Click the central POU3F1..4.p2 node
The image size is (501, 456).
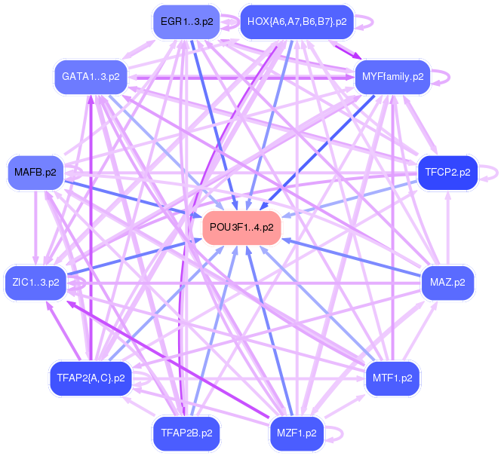pos(241,227)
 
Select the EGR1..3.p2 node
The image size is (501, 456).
pos(186,22)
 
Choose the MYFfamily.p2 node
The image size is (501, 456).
pos(392,77)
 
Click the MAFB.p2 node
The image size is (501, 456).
pos(35,173)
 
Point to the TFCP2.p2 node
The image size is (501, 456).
pos(447,173)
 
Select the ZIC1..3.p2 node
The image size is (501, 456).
pos(35,283)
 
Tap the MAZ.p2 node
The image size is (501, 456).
pos(447,283)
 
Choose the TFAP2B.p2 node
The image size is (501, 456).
pos(186,433)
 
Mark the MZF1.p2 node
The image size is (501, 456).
pos(297,433)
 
